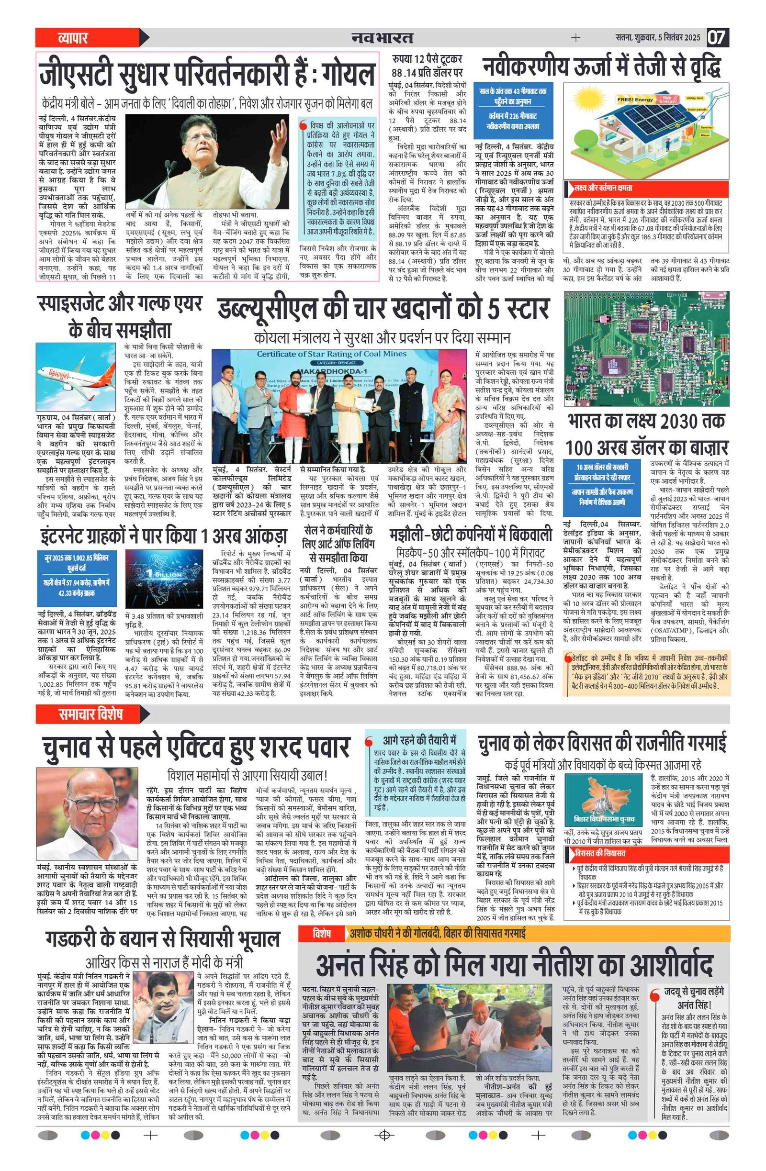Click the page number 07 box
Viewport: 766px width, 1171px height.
(x=717, y=37)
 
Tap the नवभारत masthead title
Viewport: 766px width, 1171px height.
(x=382, y=38)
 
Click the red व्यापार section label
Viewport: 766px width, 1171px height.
(x=73, y=38)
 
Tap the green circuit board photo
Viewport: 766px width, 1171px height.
(x=646, y=348)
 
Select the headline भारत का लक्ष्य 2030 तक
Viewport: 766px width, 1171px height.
(x=646, y=422)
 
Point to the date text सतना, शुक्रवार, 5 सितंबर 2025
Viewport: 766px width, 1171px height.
(x=658, y=37)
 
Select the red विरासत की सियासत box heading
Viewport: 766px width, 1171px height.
(x=602, y=853)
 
